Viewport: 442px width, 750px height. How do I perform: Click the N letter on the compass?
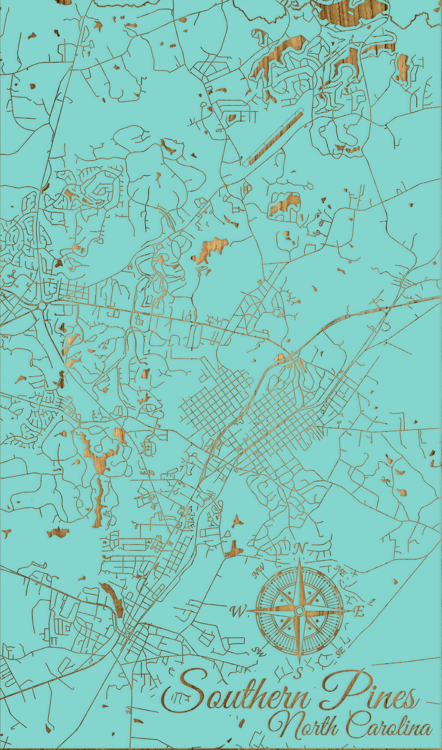pos(299,549)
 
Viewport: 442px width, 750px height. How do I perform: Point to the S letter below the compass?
pos(299,673)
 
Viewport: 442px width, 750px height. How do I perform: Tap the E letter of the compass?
pos(360,611)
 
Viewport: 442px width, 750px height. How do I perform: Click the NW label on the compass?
pos(259,570)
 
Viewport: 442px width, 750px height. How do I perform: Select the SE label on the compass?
pos(340,652)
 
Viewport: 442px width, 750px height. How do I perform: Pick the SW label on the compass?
pos(258,650)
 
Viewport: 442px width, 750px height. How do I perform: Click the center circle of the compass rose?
pos(299,611)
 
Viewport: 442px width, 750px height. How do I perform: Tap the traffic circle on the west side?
pos(42,306)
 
